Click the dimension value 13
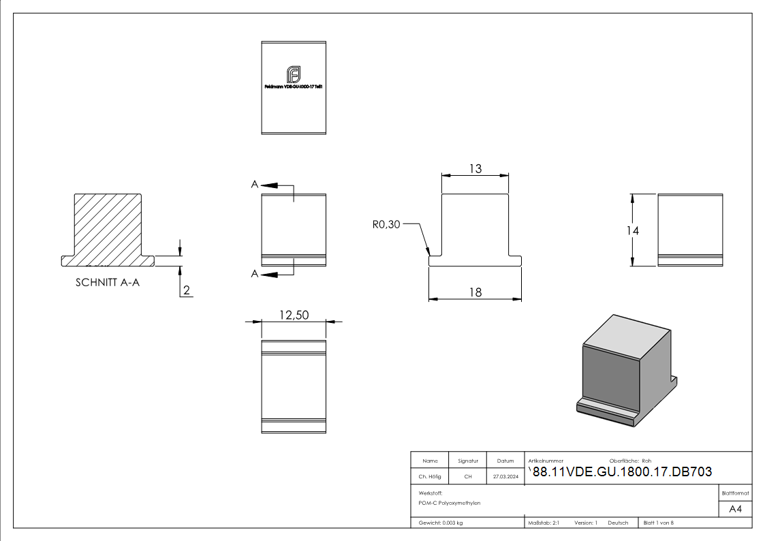[x=475, y=168]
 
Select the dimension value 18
[x=475, y=292]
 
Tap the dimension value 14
[x=633, y=230]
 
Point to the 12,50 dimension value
[x=294, y=315]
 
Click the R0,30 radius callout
[x=386, y=224]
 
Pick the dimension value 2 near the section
[x=186, y=291]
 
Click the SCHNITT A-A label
[x=108, y=283]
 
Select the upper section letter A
[x=254, y=185]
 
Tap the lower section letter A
[x=254, y=274]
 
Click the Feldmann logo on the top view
[x=294, y=74]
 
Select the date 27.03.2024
[x=505, y=477]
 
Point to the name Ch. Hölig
[x=429, y=477]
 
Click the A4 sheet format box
[x=735, y=509]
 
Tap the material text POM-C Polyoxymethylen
[x=450, y=503]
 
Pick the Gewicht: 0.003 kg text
[x=441, y=523]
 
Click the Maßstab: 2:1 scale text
[x=544, y=523]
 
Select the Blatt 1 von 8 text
[x=658, y=523]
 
